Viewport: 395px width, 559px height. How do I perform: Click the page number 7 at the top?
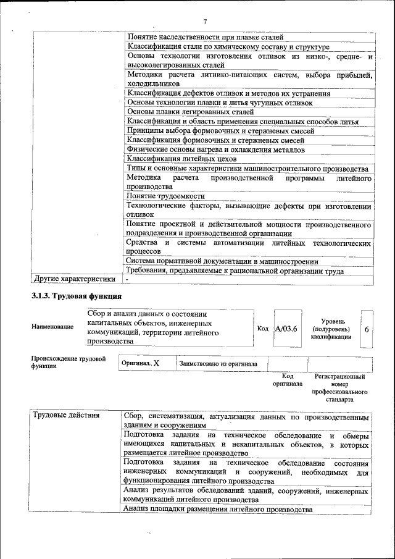[x=204, y=23]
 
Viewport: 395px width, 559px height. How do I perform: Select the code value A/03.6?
[x=286, y=329]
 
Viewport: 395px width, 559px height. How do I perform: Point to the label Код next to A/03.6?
[x=262, y=329]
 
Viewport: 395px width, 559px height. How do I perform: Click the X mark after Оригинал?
[x=156, y=364]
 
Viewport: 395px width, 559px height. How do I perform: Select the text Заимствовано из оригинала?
[x=218, y=364]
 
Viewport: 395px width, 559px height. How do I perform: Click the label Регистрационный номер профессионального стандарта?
[x=339, y=388]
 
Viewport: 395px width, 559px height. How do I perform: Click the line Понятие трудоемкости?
[x=165, y=196]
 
